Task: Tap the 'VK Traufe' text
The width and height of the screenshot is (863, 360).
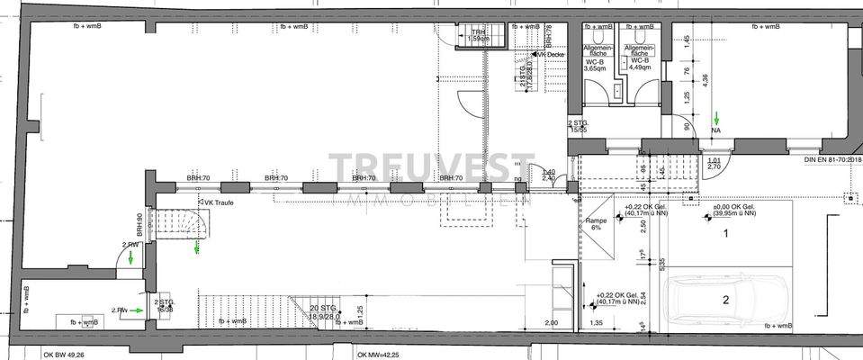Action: (x=220, y=202)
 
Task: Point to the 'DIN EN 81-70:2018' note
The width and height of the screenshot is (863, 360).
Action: (x=832, y=161)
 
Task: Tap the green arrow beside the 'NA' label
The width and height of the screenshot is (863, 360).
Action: (x=717, y=118)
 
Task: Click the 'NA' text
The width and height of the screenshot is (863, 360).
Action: (x=717, y=130)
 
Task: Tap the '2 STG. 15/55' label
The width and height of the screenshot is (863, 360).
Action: (x=577, y=127)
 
